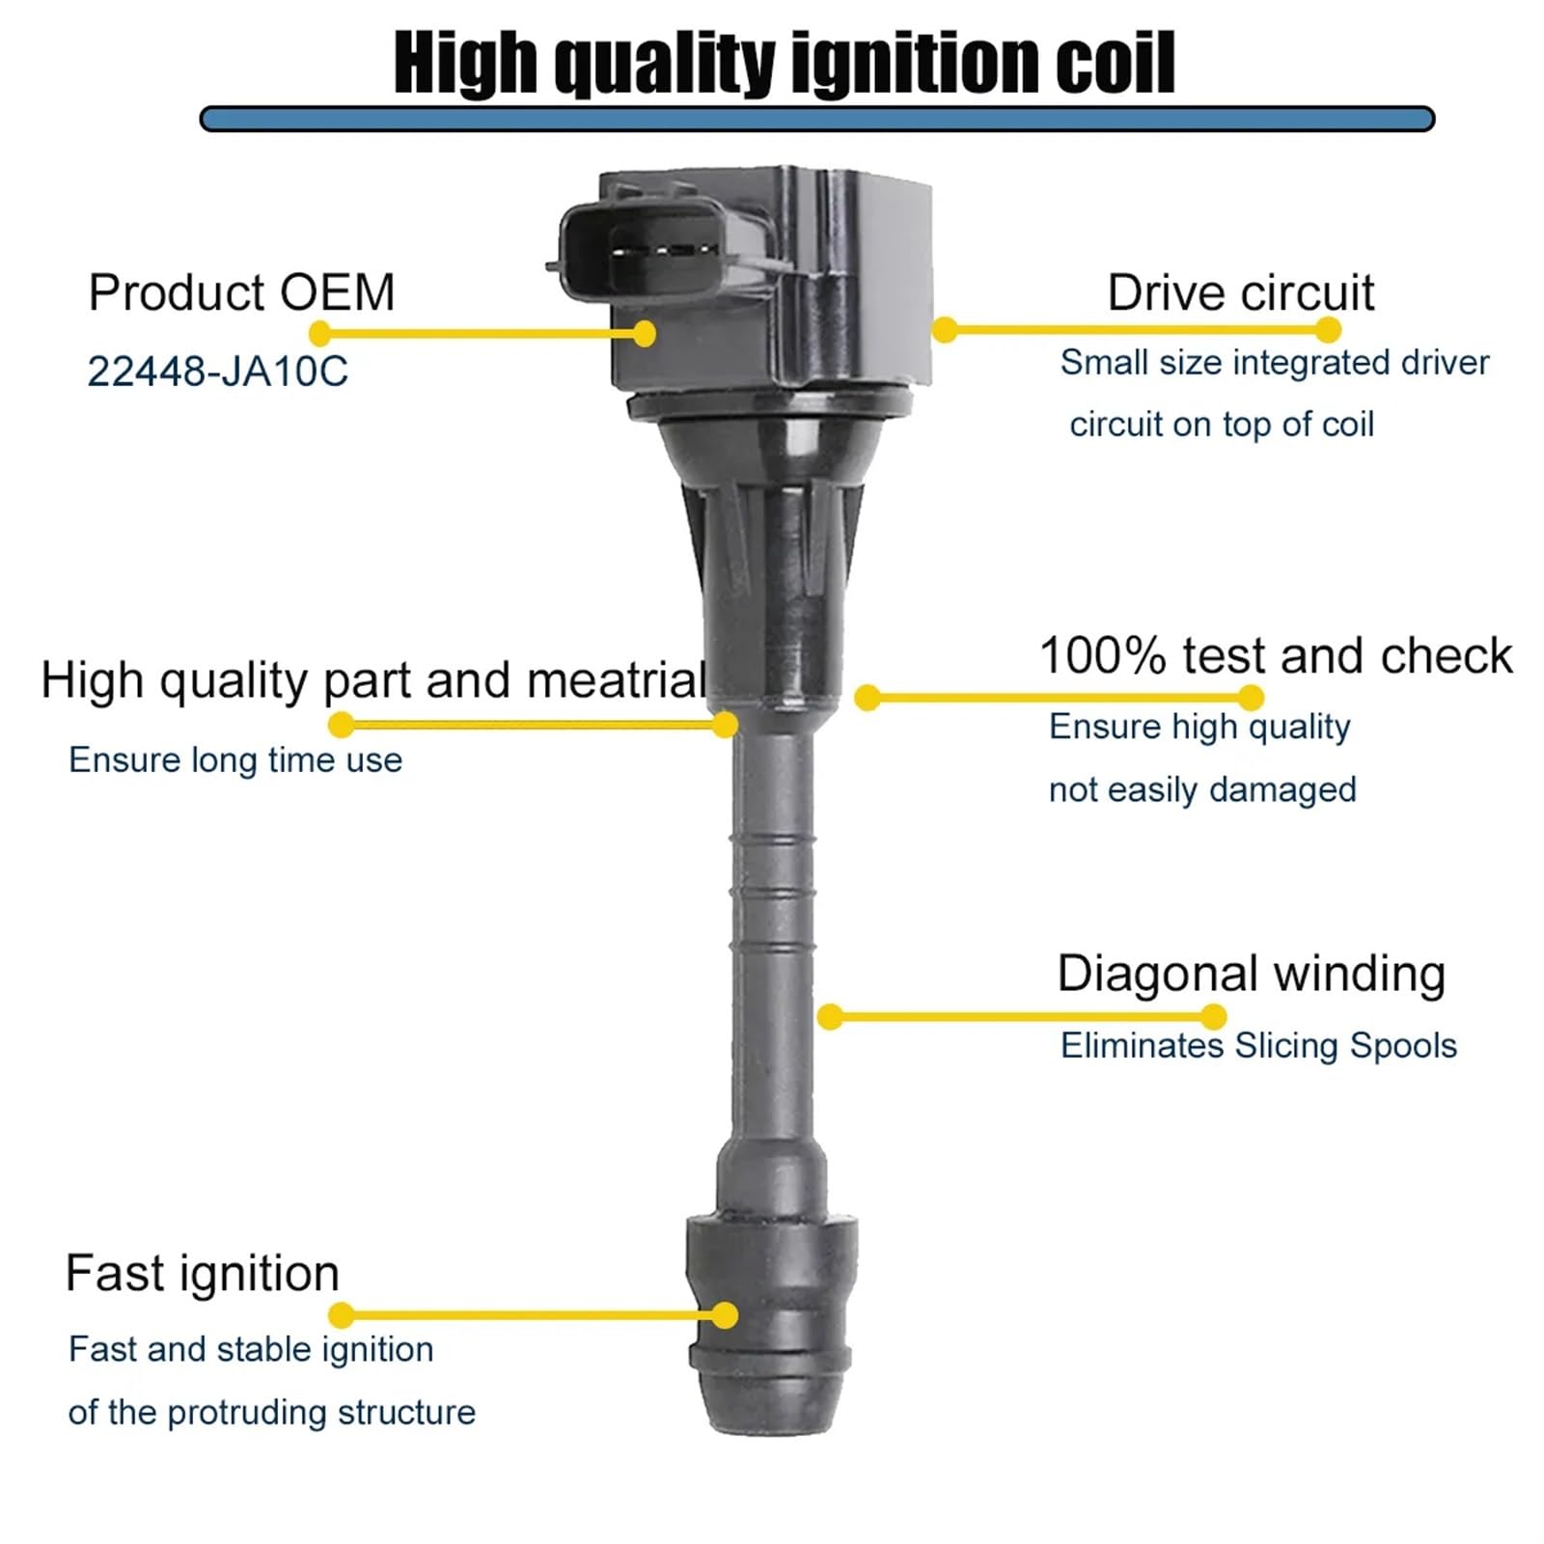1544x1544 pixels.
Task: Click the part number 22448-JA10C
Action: pyautogui.click(x=217, y=371)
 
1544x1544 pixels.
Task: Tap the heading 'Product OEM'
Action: pyautogui.click(x=241, y=292)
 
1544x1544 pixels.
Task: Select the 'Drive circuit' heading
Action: pyautogui.click(x=1240, y=292)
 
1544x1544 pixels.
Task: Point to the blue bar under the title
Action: pyautogui.click(x=816, y=119)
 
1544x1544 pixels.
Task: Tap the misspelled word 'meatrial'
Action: pyautogui.click(x=618, y=680)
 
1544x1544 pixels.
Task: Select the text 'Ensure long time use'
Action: pyautogui.click(x=235, y=760)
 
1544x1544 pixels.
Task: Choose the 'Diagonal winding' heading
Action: pyautogui.click(x=1251, y=974)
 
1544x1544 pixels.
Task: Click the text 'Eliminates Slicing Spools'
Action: pyautogui.click(x=1258, y=1046)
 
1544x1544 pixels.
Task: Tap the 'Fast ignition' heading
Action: pyautogui.click(x=203, y=1274)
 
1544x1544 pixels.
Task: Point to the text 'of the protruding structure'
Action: pyautogui.click(x=272, y=1413)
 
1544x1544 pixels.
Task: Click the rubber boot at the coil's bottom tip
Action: pyautogui.click(x=770, y=1327)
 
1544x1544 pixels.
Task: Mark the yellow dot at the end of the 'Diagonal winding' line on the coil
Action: pyautogui.click(x=830, y=1016)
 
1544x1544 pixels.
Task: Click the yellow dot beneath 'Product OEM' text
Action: pyautogui.click(x=320, y=334)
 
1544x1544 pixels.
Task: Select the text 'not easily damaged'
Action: pyautogui.click(x=1202, y=790)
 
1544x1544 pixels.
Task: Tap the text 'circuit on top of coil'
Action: pyautogui.click(x=1222, y=425)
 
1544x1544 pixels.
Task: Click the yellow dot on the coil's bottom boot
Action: pyautogui.click(x=725, y=1314)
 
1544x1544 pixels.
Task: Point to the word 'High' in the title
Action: pyautogui.click(x=465, y=63)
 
